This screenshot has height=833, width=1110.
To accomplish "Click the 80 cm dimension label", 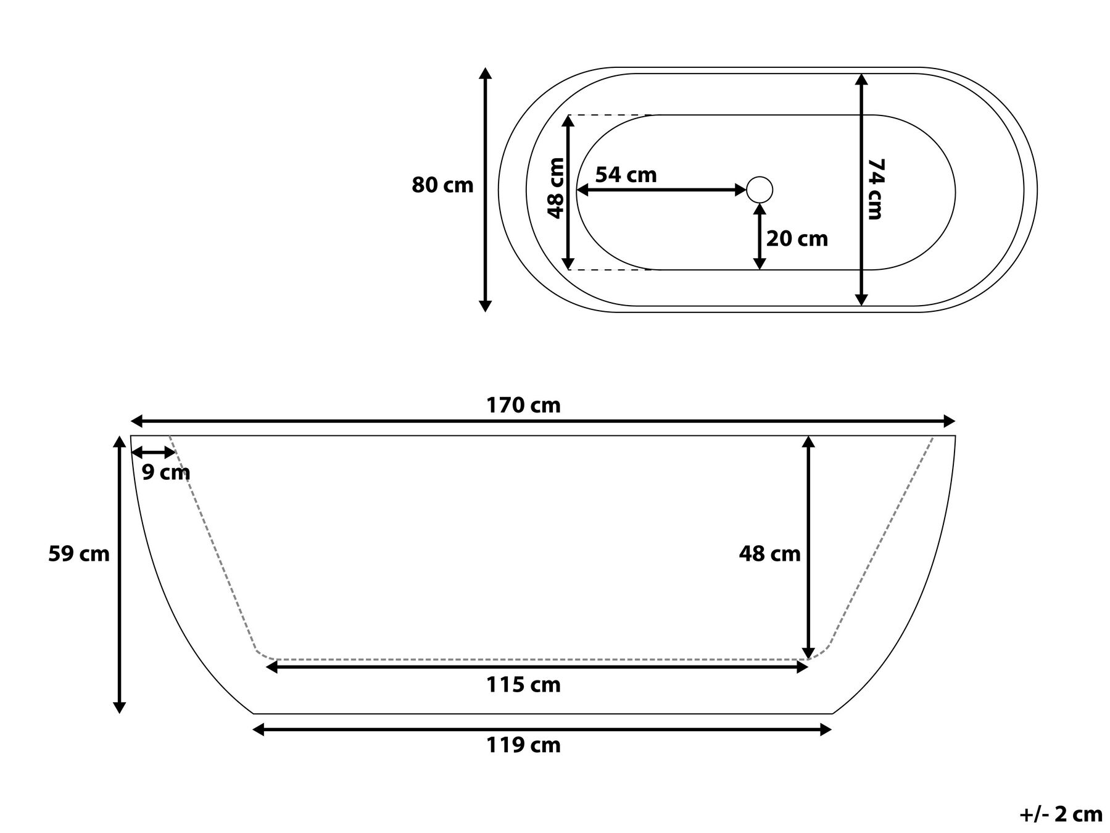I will tap(442, 185).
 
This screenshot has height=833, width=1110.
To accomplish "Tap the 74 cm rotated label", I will tap(875, 189).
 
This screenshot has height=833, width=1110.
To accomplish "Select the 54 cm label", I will tap(626, 175).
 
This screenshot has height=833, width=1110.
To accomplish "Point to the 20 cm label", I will tap(797, 238).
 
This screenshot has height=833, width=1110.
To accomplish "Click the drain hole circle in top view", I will tap(759, 190).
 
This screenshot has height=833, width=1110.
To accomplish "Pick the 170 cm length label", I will tap(523, 406).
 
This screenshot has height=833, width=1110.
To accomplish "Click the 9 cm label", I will tap(166, 472).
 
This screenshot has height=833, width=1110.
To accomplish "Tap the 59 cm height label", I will tap(79, 554).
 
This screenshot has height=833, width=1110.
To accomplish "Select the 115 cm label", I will tap(523, 685).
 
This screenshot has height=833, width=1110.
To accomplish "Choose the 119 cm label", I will tap(523, 745).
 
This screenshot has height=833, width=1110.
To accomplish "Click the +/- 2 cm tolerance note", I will tap(1060, 814).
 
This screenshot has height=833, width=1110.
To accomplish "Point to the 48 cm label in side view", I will tap(769, 554).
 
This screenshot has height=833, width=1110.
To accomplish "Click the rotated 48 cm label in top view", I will tap(556, 188).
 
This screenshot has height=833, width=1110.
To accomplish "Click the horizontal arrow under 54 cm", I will tap(661, 190).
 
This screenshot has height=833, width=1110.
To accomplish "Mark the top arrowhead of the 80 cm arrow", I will tap(486, 73).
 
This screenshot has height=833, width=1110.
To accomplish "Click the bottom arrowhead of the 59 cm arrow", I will tap(120, 708).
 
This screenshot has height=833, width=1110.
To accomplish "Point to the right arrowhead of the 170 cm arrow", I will tap(950, 422).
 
